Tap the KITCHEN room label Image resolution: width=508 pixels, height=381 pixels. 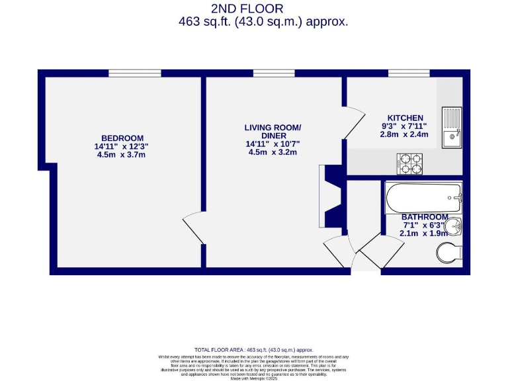(405, 118)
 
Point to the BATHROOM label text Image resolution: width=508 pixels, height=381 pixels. (425, 217)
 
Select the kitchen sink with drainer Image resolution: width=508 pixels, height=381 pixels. (452, 128)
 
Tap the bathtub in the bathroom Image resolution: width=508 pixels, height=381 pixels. (423, 198)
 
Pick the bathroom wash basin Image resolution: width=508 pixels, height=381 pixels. (453, 228)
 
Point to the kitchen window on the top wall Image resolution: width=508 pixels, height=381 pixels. (400, 73)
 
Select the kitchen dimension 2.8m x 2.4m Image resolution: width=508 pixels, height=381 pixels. (405, 134)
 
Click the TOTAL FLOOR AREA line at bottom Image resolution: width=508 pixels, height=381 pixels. (253, 349)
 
